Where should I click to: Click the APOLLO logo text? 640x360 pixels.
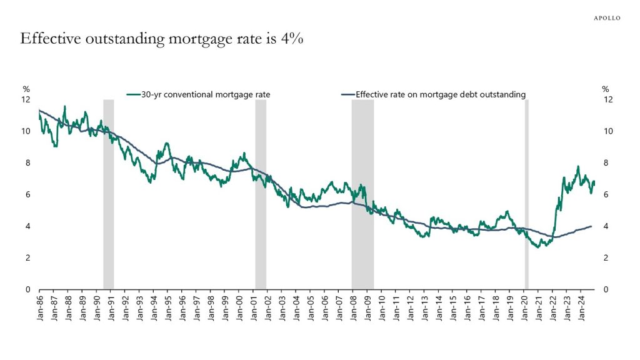point(606,18)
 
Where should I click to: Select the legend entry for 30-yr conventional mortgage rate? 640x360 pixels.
point(202,94)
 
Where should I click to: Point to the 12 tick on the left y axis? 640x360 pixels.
point(26,99)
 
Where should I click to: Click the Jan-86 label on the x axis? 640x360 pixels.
point(39,306)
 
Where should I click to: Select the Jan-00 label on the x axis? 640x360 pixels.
point(240,306)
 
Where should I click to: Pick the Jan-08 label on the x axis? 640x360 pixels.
point(354,306)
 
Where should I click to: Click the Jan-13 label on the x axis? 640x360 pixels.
point(426,306)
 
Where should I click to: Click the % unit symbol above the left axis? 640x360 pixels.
point(26,89)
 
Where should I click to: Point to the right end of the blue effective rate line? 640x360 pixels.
point(592,226)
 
